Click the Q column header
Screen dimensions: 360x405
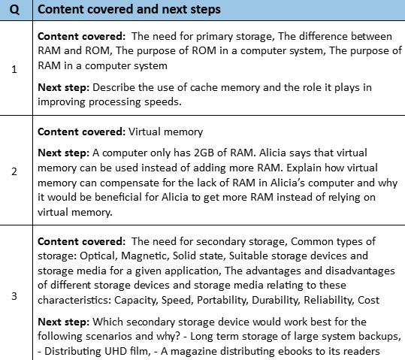point(15,10)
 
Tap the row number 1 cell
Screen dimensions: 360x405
point(15,69)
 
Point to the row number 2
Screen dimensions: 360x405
point(15,171)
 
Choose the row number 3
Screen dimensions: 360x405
point(15,295)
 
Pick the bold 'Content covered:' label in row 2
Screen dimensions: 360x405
point(82,132)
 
